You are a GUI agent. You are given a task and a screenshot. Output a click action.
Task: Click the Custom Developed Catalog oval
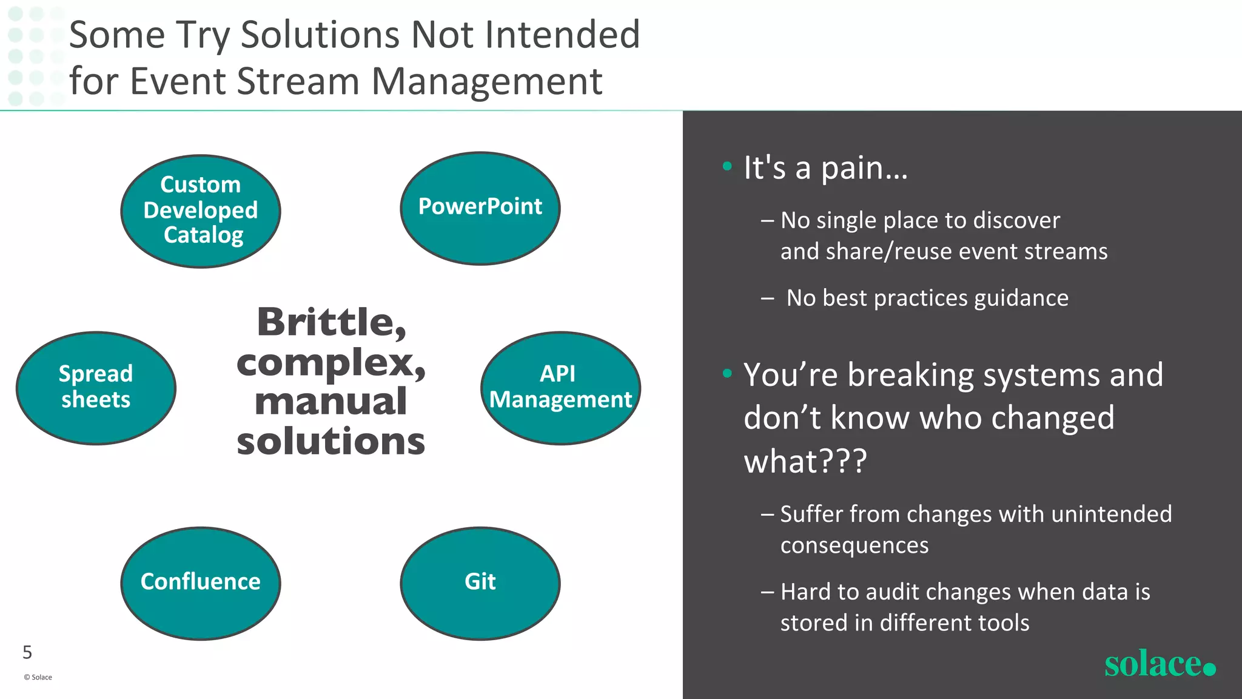pyautogui.click(x=201, y=211)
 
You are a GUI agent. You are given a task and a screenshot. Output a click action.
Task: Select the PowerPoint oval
pyautogui.click(x=480, y=208)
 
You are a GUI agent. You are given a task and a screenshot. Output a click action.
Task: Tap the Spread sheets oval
pyautogui.click(x=96, y=388)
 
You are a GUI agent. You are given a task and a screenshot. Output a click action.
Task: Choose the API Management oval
pyautogui.click(x=560, y=388)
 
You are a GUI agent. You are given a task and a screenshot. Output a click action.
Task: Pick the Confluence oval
pyautogui.click(x=201, y=582)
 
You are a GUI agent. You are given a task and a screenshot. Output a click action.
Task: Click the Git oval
pyautogui.click(x=480, y=582)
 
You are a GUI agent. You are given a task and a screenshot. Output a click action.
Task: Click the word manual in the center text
pyautogui.click(x=331, y=402)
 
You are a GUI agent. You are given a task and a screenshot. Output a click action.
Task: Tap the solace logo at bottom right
pyautogui.click(x=1159, y=664)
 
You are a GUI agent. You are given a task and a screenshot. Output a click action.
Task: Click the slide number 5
pyautogui.click(x=27, y=652)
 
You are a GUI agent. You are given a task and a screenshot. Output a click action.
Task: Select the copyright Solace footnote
pyautogui.click(x=38, y=677)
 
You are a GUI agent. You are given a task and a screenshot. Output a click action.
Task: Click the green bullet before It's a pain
pyautogui.click(x=727, y=166)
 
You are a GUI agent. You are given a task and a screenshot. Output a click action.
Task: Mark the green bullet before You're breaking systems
pyautogui.click(x=727, y=373)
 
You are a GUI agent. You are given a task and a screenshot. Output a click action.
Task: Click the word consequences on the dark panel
pyautogui.click(x=854, y=545)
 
